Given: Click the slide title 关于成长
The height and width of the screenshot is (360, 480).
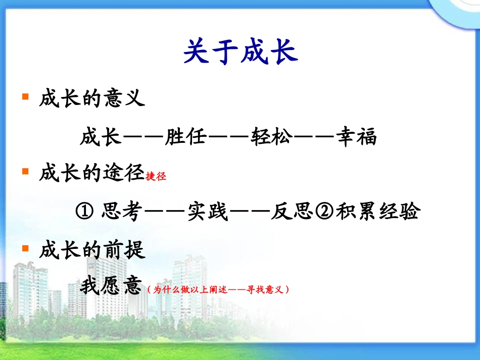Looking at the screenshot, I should pyautogui.click(x=240, y=52).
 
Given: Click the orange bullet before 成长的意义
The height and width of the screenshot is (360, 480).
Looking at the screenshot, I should pyautogui.click(x=25, y=96).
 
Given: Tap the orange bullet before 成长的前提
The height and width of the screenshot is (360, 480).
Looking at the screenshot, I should pyautogui.click(x=25, y=248).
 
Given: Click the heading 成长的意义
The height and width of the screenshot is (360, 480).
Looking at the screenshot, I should pyautogui.click(x=92, y=98).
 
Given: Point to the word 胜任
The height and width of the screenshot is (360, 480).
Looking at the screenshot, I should pyautogui.click(x=185, y=137).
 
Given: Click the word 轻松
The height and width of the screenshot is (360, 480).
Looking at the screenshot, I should pyautogui.click(x=271, y=137).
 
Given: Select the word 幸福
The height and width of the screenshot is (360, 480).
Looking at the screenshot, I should pyautogui.click(x=357, y=137).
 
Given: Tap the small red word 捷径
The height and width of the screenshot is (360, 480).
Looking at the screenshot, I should pyautogui.click(x=156, y=177).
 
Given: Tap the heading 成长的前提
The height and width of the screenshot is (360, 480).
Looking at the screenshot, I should pyautogui.click(x=92, y=250).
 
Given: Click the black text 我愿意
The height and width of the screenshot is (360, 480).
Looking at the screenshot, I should pyautogui.click(x=110, y=288).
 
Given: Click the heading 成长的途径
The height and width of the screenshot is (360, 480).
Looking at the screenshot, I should pyautogui.click(x=92, y=174).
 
